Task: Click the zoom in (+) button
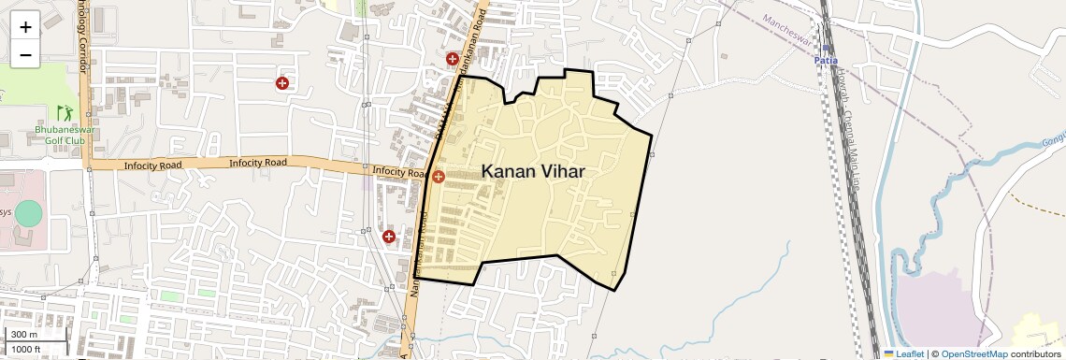coord(25,27)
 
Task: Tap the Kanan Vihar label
coord(533,171)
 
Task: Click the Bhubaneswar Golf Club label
coord(60,135)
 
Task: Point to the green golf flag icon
coord(63,112)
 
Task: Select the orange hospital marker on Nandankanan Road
coord(438,176)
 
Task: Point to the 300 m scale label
coord(24,335)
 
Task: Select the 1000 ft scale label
coord(27,349)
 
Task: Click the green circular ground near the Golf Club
coord(29,213)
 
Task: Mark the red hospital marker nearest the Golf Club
coord(281,83)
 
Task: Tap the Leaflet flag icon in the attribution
coord(889,354)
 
